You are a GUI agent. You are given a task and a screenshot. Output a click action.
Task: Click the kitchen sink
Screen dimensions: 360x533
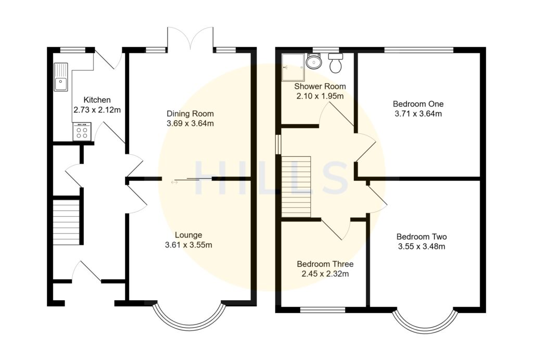61,77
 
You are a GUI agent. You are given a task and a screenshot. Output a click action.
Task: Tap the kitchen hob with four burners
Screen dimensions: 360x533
82,131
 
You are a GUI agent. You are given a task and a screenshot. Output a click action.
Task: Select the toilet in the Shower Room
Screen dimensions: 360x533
336,64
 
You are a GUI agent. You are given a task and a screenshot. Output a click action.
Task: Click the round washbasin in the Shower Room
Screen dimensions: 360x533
314,63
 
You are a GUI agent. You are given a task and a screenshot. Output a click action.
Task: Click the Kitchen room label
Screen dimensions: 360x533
97,100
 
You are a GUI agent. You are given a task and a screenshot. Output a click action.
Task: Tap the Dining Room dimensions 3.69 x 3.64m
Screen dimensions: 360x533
190,123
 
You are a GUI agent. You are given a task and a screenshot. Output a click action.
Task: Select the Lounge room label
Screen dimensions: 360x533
188,235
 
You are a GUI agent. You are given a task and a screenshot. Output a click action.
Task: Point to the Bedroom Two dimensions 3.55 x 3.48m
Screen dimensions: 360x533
421,246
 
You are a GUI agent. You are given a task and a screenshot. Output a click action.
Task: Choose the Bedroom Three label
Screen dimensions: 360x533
325,264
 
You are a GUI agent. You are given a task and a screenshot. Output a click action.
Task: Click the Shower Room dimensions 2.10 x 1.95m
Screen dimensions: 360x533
320,96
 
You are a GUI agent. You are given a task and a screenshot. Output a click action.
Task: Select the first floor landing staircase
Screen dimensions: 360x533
296,187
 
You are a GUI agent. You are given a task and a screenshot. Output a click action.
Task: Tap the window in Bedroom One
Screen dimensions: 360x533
419,50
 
